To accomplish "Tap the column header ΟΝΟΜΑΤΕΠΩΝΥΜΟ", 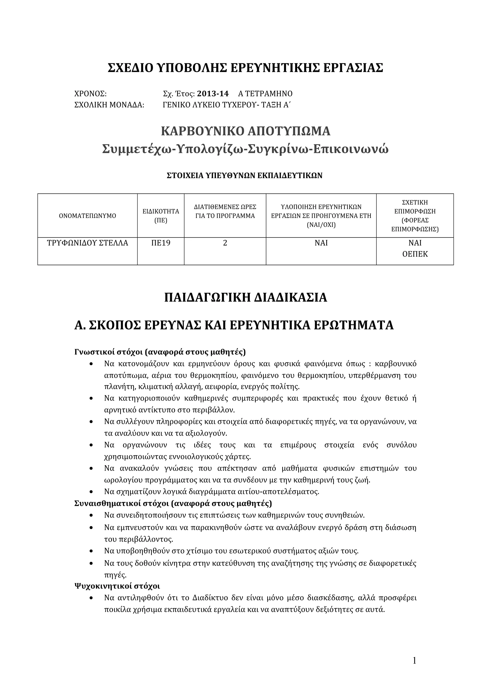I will click(x=88, y=216).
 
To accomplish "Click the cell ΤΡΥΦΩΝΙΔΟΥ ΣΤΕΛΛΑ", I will click(x=88, y=243).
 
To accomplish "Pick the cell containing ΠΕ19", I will click(x=161, y=243).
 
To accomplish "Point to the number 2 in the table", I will click(x=225, y=243).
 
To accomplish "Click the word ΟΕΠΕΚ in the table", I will click(x=415, y=254).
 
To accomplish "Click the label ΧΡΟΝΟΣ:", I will click(x=90, y=94).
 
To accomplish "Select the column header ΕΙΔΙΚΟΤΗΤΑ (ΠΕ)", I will click(x=161, y=216).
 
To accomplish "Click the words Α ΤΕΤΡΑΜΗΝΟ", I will click(x=265, y=94).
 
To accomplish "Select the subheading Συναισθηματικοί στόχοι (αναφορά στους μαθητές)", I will click(x=173, y=504).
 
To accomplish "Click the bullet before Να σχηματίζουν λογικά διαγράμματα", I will click(x=91, y=492).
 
